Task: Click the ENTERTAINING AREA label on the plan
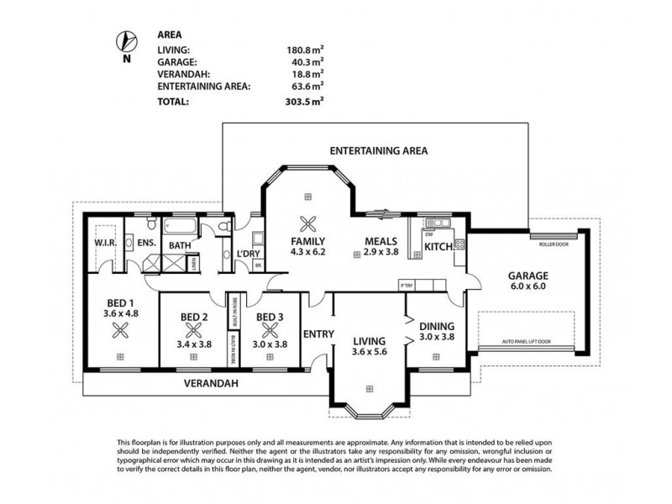(379, 151)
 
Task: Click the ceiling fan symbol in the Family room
(308, 224)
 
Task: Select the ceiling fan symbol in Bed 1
(121, 330)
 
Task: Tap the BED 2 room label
(194, 318)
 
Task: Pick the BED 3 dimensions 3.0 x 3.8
(270, 343)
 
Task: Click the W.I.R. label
(104, 244)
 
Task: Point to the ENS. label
(147, 244)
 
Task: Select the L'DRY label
(248, 255)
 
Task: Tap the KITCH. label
(438, 247)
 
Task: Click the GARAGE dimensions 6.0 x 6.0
(528, 286)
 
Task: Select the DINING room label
(436, 326)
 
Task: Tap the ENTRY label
(318, 333)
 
